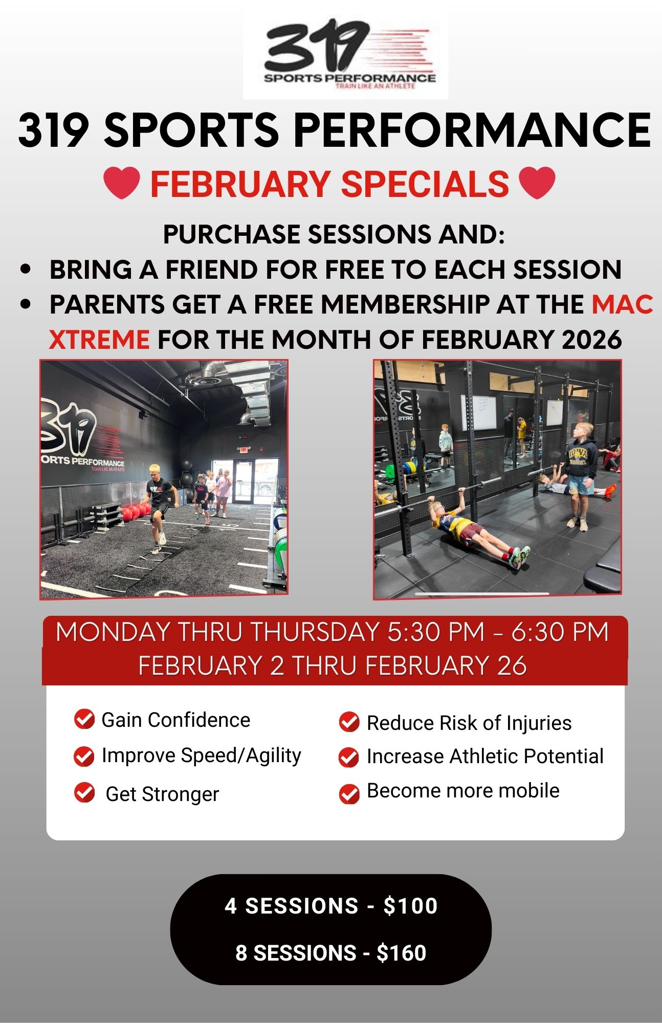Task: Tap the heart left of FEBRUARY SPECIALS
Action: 122,183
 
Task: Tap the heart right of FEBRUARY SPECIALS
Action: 537,183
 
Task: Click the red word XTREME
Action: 99,339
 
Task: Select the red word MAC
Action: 622,304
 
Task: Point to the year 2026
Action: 591,339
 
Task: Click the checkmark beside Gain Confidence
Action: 84,719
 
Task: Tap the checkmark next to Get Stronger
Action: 84,793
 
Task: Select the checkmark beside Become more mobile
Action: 349,794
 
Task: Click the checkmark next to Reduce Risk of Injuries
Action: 349,722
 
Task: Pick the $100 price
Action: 410,906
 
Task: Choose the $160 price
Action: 402,953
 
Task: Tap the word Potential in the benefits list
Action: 564,756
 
